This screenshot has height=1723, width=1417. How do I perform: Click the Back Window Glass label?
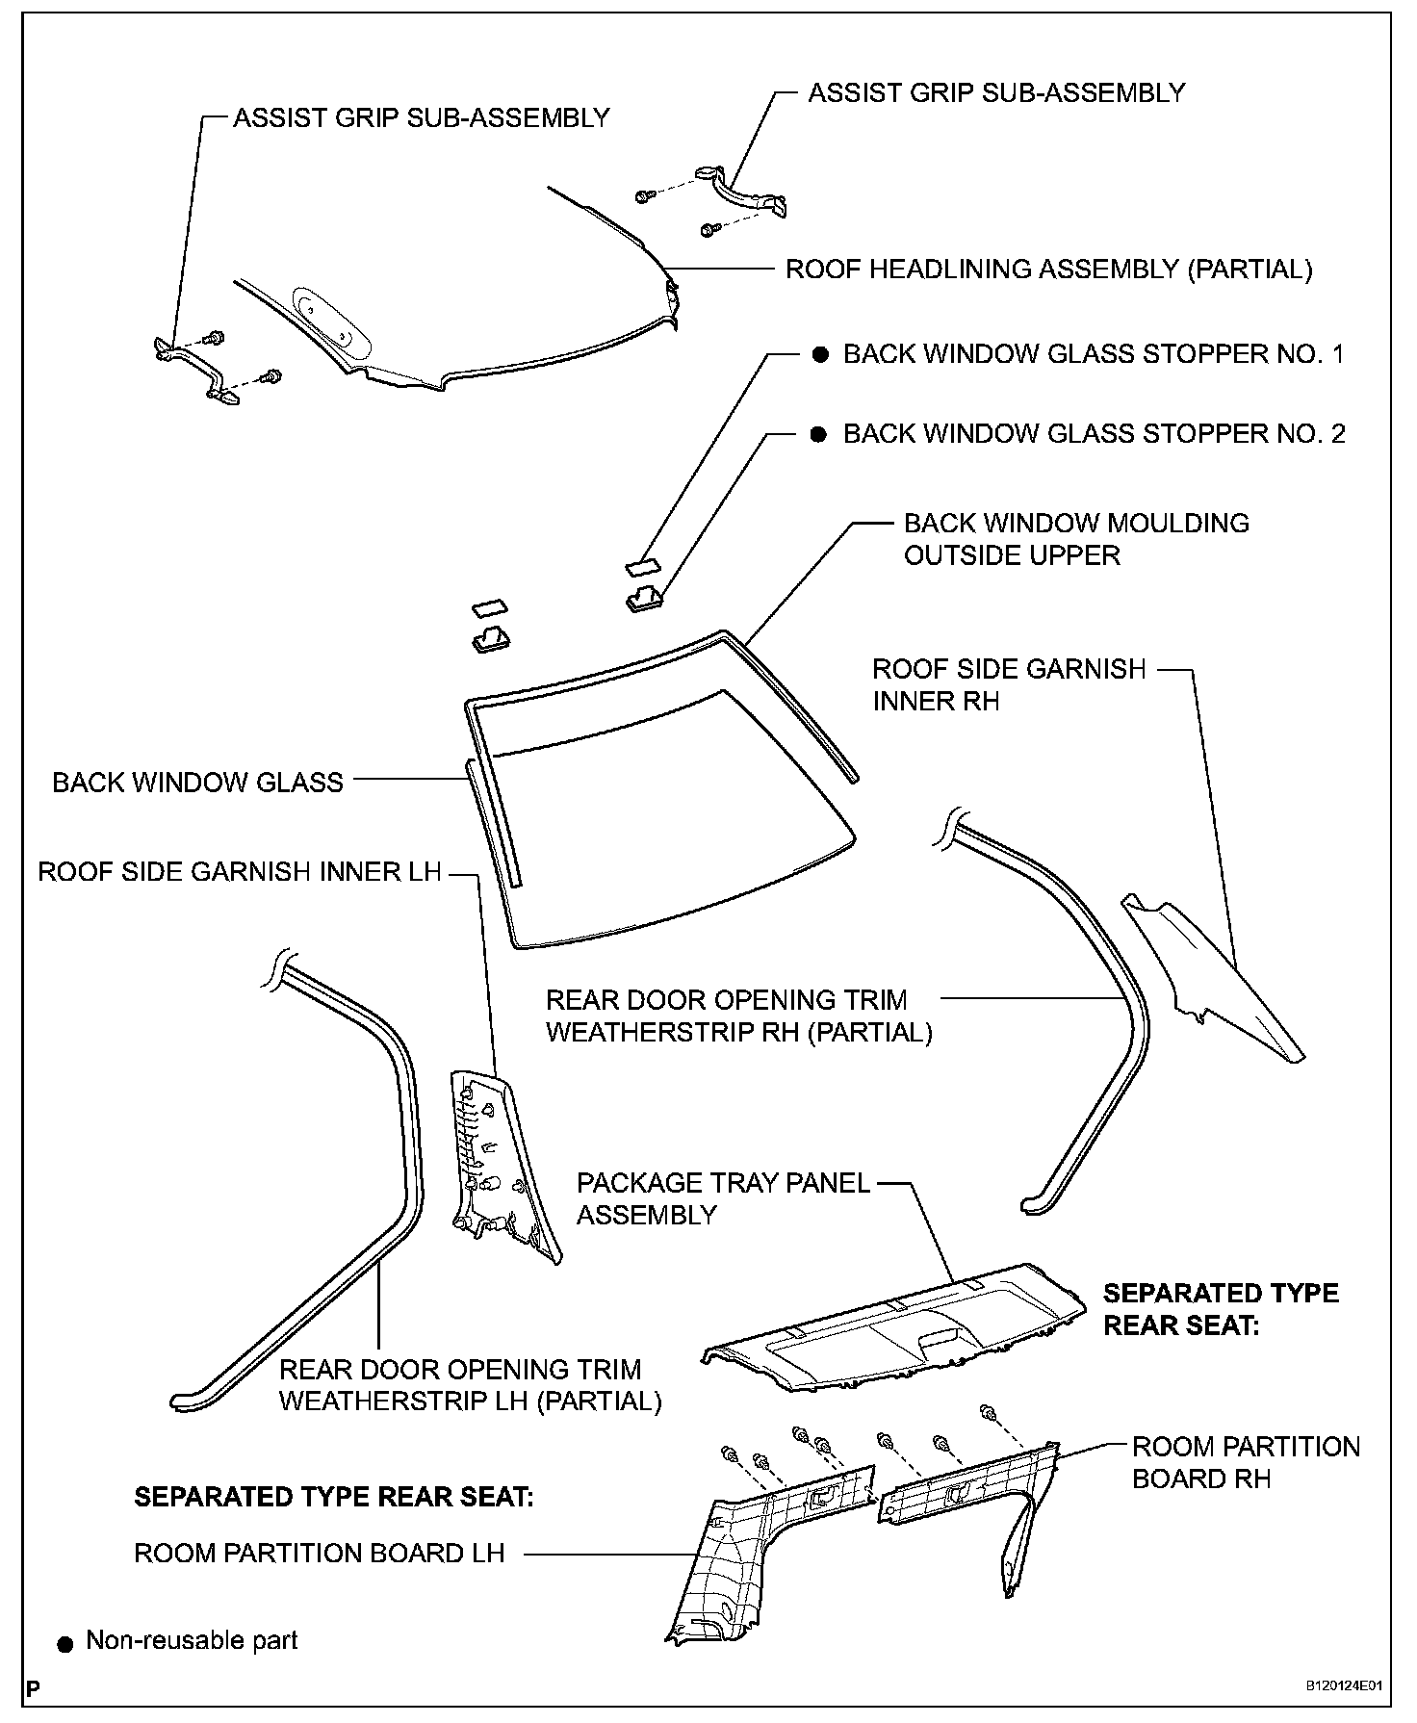[x=197, y=782]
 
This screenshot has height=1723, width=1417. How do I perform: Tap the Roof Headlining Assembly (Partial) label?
[x=1048, y=270]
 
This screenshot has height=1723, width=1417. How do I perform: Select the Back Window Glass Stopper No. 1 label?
[x=1094, y=354]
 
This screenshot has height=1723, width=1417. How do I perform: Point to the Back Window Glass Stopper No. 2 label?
[x=1094, y=434]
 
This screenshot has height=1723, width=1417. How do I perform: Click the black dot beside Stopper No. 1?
[x=819, y=354]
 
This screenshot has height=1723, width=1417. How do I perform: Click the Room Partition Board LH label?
[x=319, y=1553]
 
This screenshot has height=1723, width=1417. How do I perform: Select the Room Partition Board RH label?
[x=1245, y=1462]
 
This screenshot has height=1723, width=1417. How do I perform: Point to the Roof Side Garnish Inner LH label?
[x=239, y=872]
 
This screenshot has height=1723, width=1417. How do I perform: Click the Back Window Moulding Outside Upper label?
[x=1075, y=539]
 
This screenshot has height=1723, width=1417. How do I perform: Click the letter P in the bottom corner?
[x=34, y=1687]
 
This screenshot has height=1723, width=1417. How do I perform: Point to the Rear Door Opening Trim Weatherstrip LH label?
[x=470, y=1385]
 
